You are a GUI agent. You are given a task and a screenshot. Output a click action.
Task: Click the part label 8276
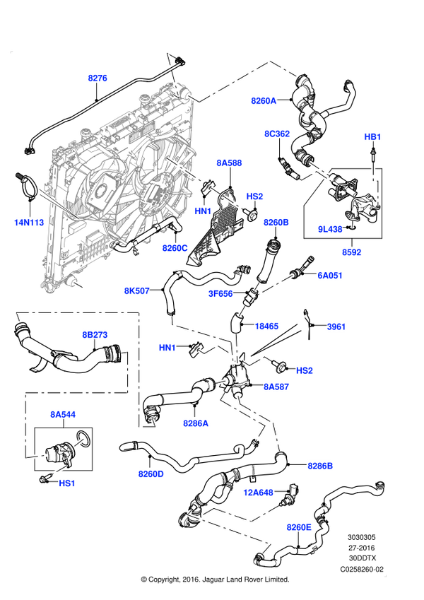[x=98, y=78]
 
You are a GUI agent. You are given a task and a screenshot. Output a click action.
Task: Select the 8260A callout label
[x=264, y=101]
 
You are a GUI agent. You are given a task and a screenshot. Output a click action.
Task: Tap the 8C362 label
[x=277, y=134]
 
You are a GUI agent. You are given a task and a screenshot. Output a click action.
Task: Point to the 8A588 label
[x=229, y=163]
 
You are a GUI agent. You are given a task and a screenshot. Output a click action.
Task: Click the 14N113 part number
[x=29, y=223]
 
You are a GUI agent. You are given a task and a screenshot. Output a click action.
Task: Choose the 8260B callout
[x=276, y=223]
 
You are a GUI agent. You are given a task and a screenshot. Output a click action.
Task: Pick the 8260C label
[x=175, y=248]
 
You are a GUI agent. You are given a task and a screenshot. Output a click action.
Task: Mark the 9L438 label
[x=330, y=229]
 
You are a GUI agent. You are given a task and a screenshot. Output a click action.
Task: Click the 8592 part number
[x=351, y=252]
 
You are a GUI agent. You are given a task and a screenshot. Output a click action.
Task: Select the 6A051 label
[x=330, y=276]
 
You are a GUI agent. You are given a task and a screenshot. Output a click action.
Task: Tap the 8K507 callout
[x=137, y=290]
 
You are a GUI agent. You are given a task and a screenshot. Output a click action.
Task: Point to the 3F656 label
[x=220, y=293]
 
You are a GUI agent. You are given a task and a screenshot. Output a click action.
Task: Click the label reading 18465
[x=266, y=327]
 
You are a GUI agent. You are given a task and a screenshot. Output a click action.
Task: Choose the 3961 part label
[x=336, y=327]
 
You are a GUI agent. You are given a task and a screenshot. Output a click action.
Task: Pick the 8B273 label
[x=95, y=335]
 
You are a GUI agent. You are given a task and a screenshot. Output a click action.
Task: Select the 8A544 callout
[x=63, y=414]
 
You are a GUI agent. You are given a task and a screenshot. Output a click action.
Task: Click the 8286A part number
[x=196, y=423]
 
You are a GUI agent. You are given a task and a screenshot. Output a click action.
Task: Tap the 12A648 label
[x=258, y=492]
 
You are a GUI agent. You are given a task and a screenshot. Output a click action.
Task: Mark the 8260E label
[x=299, y=527]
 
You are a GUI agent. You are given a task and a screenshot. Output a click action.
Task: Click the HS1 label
[x=67, y=483]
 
